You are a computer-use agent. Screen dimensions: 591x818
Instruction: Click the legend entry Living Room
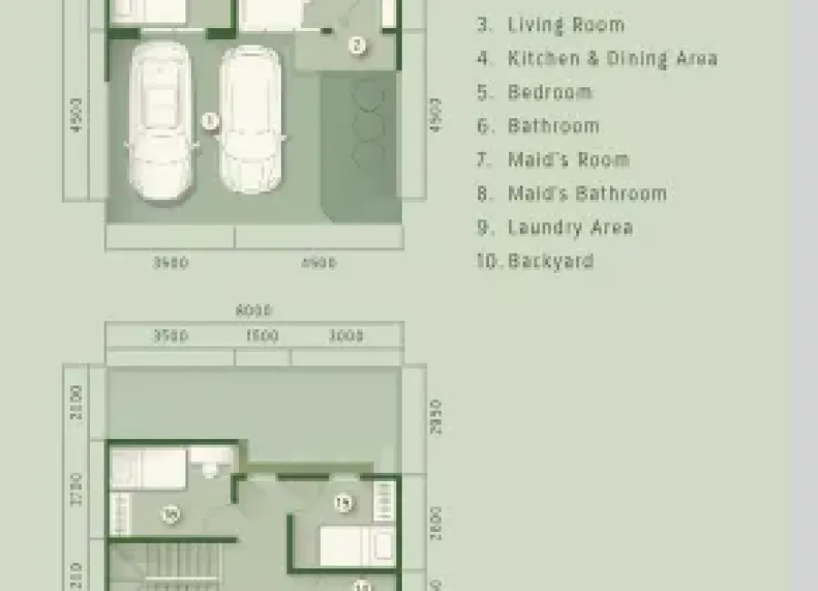click(x=565, y=25)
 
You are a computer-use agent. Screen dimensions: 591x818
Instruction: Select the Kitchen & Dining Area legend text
click(x=612, y=58)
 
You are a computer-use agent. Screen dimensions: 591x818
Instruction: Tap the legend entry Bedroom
click(x=550, y=92)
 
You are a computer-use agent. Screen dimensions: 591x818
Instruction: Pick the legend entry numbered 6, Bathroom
click(x=553, y=125)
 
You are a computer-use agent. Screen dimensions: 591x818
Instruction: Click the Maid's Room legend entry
click(x=568, y=159)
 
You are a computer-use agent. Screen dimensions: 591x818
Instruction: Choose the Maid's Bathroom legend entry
click(x=586, y=193)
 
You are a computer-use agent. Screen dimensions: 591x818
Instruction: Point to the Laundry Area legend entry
click(x=570, y=226)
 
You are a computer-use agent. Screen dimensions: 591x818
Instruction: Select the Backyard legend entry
click(x=550, y=261)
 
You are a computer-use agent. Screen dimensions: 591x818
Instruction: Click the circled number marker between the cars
click(x=210, y=120)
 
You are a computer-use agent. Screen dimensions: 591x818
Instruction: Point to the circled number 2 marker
click(x=357, y=44)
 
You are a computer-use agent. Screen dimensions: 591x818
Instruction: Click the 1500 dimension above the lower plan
click(x=262, y=336)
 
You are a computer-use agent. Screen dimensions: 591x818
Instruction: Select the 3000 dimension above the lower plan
click(x=345, y=336)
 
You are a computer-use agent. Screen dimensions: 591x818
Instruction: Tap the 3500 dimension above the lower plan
click(x=170, y=336)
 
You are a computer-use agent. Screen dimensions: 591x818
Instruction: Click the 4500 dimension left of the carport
click(x=76, y=115)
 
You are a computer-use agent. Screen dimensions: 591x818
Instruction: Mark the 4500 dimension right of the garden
click(x=435, y=115)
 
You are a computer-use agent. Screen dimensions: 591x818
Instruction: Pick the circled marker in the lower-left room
click(x=169, y=515)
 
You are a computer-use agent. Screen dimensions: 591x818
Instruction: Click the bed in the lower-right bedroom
click(x=357, y=546)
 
